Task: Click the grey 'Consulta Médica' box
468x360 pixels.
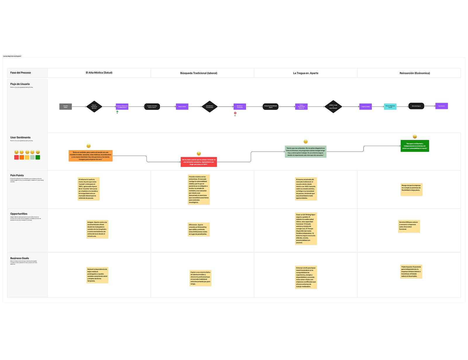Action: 66,107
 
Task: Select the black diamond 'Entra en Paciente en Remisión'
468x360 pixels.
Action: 94,107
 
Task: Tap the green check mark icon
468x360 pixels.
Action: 117,112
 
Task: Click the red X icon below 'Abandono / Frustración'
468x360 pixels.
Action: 235,113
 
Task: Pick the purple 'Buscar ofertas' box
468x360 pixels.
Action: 182,107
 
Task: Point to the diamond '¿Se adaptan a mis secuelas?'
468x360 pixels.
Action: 209,107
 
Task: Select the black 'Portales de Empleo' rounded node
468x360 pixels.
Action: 152,107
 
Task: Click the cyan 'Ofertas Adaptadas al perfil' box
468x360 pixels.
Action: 390,107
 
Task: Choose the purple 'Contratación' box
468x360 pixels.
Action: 441,106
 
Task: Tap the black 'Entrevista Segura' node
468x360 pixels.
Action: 416,106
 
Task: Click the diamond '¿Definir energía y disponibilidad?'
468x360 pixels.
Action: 333,107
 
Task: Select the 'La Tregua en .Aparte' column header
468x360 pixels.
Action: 306,73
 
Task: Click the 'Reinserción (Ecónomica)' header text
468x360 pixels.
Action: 414,73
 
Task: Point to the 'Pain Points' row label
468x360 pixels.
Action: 17,175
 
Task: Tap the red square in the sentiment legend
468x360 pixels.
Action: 16,157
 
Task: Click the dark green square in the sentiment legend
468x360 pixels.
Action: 38,157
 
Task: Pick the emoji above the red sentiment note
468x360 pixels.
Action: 199,154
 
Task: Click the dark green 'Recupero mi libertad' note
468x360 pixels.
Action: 414,146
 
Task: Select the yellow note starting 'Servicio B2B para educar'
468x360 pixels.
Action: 409,226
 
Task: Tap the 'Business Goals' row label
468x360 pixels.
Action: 20,258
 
